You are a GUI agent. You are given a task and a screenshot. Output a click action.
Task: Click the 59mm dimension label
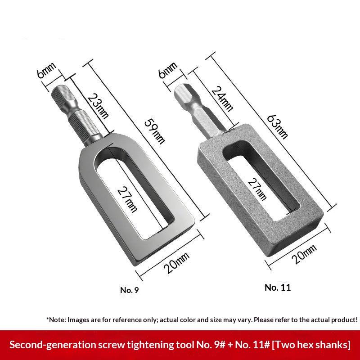pos(155,131)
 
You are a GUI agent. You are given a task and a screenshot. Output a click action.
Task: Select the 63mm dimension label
pos(277,127)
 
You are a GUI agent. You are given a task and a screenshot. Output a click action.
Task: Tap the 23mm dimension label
pos(98,106)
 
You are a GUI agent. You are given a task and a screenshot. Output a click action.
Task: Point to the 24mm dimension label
pos(222,99)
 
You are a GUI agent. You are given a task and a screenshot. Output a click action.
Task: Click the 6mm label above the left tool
pos(46,70)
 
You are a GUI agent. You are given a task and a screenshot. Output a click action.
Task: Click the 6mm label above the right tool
pos(168,70)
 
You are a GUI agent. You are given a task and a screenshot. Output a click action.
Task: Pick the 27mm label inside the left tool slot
pos(127,199)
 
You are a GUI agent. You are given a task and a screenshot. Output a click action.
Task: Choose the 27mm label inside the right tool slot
pos(257,189)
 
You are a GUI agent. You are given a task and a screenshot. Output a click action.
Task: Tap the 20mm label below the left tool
pos(176,262)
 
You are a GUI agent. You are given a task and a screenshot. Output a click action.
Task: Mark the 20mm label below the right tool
pos(304,254)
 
